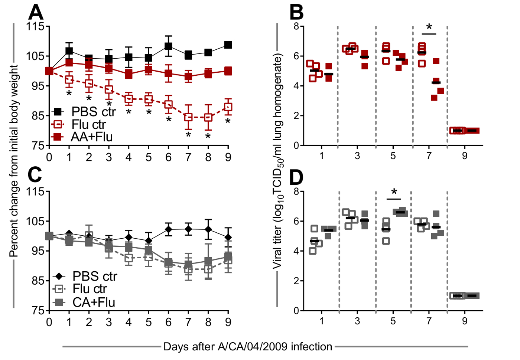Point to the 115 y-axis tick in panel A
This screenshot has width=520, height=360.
(x=35, y=26)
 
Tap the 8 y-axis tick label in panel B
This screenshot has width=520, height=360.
(x=296, y=26)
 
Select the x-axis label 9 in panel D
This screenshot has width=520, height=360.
(x=465, y=321)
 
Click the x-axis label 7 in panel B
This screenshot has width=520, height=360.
(x=429, y=156)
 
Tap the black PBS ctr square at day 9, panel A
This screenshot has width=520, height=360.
(x=228, y=45)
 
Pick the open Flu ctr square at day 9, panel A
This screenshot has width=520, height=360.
(x=228, y=107)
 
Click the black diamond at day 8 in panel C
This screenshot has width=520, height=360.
(x=208, y=229)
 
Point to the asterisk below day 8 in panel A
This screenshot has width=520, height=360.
(x=208, y=136)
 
